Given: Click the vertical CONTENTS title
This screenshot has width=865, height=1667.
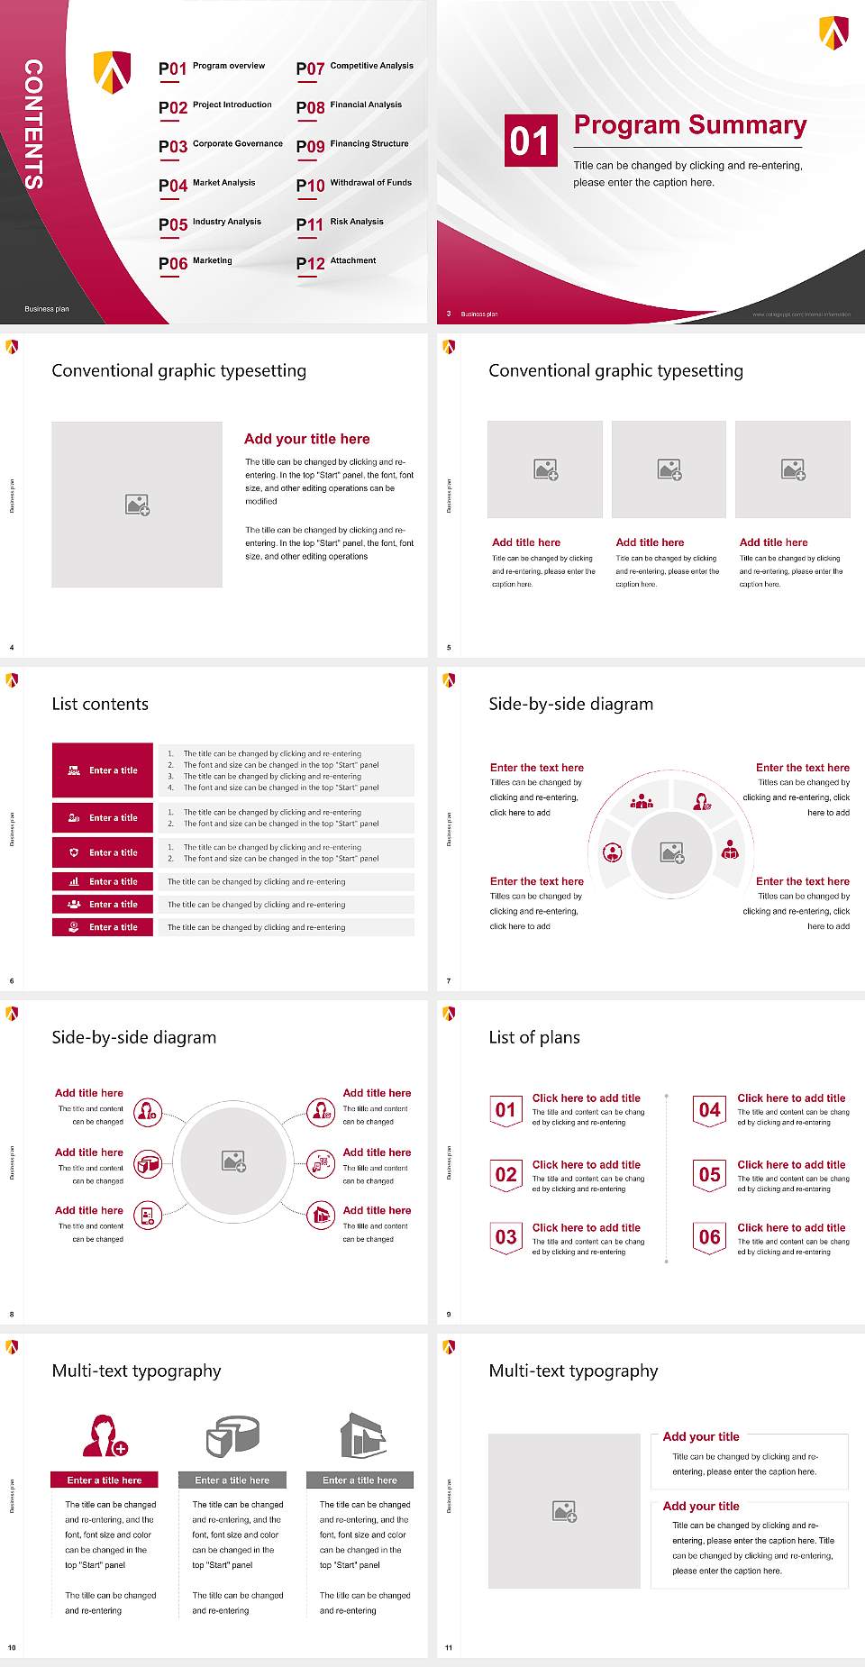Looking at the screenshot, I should (x=33, y=123).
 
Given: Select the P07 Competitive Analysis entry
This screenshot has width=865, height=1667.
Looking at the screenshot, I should (x=355, y=68).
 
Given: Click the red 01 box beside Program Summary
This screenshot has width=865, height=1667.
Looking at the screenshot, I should (x=530, y=141).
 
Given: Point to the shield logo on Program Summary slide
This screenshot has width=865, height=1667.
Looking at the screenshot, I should (x=833, y=32).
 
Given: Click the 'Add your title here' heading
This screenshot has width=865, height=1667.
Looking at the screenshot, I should (x=306, y=439).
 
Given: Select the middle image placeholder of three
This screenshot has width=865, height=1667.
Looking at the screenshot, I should (x=669, y=469).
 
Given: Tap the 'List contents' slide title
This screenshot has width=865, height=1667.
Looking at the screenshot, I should (x=100, y=704).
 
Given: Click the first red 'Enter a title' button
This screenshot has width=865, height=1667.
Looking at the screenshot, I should (x=103, y=770).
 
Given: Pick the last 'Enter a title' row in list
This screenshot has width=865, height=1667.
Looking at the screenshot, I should (x=103, y=927).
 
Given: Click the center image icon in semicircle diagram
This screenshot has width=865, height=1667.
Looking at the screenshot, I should (x=672, y=852).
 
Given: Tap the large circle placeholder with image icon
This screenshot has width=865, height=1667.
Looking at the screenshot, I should (x=234, y=1161).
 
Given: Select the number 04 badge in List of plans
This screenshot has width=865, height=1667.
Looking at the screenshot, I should (x=710, y=1110).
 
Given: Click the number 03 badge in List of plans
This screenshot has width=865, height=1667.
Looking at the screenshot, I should (x=506, y=1238).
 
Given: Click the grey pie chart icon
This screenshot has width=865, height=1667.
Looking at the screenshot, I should (x=232, y=1435).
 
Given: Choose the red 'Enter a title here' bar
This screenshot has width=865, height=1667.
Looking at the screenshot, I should (x=105, y=1480).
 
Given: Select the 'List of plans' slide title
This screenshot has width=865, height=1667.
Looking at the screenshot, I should (x=534, y=1037).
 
